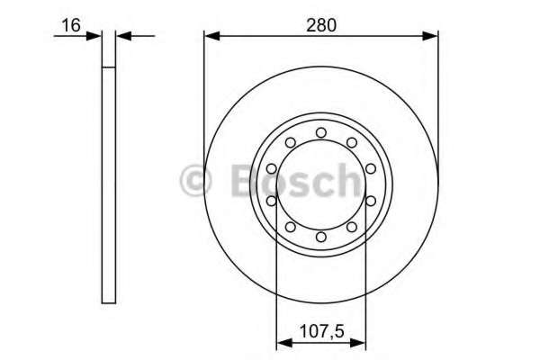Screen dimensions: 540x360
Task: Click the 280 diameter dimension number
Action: click(321, 25)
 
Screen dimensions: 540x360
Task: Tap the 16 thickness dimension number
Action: click(71, 25)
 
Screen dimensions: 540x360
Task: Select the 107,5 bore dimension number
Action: click(322, 331)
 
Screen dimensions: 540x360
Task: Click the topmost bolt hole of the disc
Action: click(321, 132)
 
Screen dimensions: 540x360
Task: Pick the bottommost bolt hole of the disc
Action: click(321, 237)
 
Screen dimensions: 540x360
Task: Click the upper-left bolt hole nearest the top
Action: click(291, 142)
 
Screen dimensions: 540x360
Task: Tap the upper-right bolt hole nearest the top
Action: click(352, 142)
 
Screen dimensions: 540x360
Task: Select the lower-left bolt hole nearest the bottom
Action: click(291, 227)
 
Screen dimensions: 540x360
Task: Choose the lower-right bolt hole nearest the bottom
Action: click(352, 227)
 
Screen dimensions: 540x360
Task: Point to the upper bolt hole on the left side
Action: click(272, 169)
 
